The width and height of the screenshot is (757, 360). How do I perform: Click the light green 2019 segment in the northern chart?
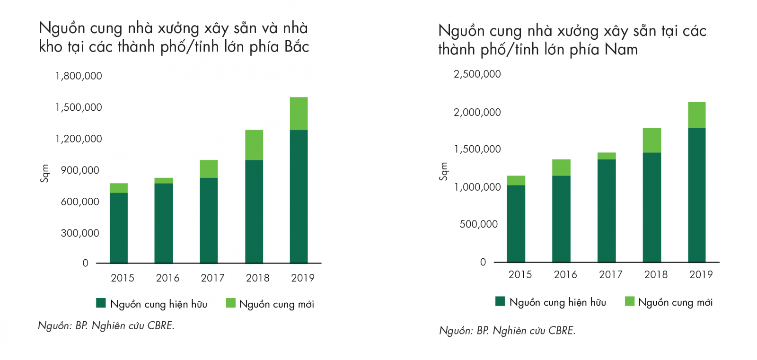point(299,114)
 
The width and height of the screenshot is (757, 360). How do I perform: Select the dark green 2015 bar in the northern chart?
point(118,228)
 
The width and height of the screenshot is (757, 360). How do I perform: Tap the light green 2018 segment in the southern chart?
point(651,140)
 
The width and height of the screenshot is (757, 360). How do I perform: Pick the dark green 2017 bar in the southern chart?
point(607,211)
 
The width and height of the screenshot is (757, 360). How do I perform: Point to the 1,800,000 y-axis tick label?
point(79,76)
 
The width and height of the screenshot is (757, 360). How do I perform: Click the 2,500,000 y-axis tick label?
point(477,74)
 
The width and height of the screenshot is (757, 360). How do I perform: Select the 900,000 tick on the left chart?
point(80,170)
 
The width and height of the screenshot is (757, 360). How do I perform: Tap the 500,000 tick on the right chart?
point(478,224)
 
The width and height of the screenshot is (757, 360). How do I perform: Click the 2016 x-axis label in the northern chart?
point(167,278)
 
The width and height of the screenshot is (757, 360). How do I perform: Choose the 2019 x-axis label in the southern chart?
point(701,274)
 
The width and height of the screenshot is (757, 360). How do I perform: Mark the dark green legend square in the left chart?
point(101,303)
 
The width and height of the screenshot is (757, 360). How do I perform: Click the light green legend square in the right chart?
point(629,301)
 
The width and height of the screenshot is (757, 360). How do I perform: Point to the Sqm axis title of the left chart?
point(44,173)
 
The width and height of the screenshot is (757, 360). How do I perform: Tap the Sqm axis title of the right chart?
point(443,171)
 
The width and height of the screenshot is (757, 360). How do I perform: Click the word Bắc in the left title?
point(297,47)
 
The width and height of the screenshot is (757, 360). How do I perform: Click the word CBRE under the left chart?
point(160,325)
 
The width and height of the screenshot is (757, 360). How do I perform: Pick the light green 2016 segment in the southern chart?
point(561,167)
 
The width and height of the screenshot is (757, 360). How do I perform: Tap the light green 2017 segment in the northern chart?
point(209,169)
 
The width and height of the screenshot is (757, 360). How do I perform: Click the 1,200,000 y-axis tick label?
point(79,139)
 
